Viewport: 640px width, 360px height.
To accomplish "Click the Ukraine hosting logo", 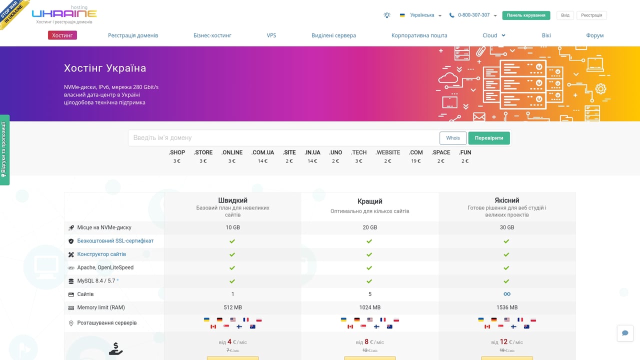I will point(64,14).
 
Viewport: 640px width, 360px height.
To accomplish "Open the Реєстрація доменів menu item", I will point(133,35).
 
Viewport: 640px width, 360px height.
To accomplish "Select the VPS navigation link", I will point(271,35).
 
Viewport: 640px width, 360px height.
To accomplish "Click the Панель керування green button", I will point(526,15).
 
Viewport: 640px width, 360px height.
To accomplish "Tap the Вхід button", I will point(565,15).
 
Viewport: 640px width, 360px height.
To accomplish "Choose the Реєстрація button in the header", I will point(591,15).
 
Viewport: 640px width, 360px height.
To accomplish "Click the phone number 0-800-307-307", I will point(473,15).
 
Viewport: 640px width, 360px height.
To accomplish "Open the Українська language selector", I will point(421,15).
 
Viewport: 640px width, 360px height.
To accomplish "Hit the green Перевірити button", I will point(489,138).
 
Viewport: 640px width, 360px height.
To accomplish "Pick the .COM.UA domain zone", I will point(263,152).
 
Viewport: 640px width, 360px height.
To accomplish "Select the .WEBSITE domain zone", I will point(388,152).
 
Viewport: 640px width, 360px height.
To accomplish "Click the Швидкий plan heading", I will point(232,200).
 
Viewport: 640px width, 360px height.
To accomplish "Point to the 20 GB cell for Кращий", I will point(370,227).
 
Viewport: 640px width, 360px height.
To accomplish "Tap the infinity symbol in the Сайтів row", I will point(507,294).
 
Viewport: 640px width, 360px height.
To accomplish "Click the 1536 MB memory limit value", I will point(507,307).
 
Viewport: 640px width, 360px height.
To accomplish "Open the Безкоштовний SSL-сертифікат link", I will point(115,241).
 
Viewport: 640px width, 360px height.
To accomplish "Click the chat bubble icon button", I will point(625,333).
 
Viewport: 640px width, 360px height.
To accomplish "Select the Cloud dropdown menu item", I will point(493,35).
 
